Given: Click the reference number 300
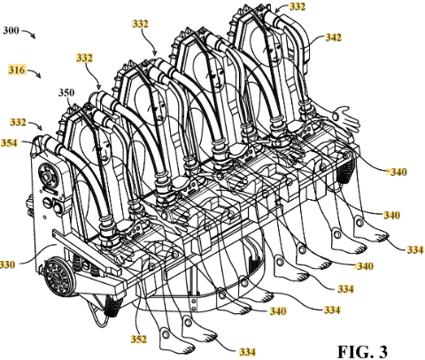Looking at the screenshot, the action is (11, 31).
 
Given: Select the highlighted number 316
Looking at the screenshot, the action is (17, 70).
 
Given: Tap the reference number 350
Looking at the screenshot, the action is (66, 93).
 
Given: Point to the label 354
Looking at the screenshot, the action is (10, 143).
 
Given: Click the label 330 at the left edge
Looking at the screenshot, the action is (6, 264).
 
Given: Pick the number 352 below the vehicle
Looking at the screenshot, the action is (139, 340).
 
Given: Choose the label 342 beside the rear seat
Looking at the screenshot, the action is (333, 37).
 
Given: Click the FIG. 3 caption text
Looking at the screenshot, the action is (363, 351).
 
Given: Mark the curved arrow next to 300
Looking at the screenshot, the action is (28, 34).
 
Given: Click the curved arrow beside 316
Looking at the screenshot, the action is (35, 73).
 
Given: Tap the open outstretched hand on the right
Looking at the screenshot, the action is (346, 118).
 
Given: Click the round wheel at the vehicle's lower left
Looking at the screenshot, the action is (58, 277).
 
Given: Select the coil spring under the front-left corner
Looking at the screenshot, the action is (114, 306).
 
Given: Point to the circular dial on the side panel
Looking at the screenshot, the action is (46, 178).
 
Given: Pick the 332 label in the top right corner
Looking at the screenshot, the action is (297, 6).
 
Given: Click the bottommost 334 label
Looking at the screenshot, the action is (247, 352).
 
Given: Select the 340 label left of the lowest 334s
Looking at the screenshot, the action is (278, 310).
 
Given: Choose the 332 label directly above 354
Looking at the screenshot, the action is (18, 122).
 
